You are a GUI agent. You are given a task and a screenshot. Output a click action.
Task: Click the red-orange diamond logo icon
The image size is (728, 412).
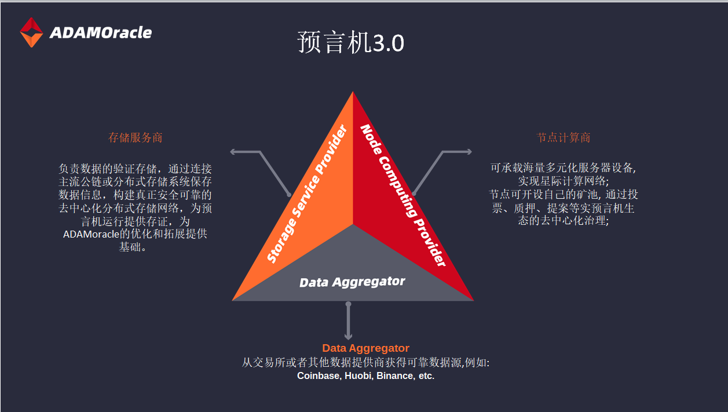(31, 32)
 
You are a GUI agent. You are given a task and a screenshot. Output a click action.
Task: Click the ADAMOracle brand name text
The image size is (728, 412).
(101, 32)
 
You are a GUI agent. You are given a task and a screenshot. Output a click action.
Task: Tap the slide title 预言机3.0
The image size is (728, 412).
(350, 42)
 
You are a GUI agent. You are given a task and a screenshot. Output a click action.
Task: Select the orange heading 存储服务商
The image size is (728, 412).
(135, 137)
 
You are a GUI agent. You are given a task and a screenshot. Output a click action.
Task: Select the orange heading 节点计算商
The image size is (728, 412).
(563, 137)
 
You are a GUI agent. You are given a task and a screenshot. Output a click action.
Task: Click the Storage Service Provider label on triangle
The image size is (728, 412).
(307, 194)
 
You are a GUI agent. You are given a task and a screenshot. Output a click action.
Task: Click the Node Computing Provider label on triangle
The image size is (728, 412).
(403, 195)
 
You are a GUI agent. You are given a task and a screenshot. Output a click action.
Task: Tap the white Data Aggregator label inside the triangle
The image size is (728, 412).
(352, 282)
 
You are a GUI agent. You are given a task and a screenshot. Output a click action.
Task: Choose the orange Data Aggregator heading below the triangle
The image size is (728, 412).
(365, 348)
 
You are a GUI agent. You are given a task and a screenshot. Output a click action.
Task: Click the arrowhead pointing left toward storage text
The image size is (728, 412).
(233, 152)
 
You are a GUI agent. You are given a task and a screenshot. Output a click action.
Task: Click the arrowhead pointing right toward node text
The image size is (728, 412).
(469, 152)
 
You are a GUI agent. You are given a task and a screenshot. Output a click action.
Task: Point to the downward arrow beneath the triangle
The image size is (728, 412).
(349, 320)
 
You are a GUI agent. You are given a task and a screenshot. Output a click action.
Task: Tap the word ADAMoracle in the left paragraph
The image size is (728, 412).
(92, 234)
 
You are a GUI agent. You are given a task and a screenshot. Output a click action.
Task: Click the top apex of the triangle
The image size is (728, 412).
(353, 92)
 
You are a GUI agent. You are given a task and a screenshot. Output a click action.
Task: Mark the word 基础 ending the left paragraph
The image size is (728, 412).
(130, 247)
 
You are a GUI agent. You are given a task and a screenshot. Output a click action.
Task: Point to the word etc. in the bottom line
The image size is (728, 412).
(426, 376)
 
